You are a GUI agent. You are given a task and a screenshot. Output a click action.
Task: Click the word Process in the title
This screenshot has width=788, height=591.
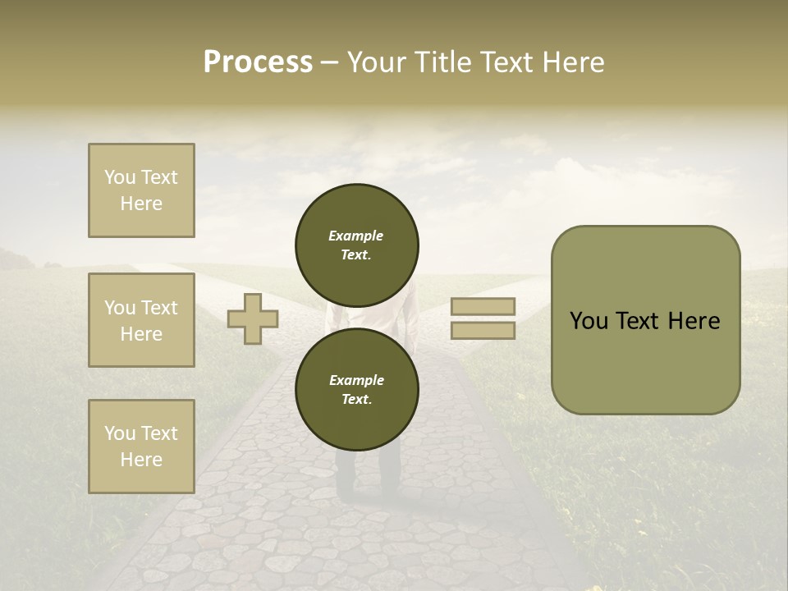pos(258,62)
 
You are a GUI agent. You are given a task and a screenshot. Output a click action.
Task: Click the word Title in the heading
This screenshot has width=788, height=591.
pos(441,62)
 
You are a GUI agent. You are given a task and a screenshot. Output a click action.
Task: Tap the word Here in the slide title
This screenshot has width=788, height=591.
pos(572,62)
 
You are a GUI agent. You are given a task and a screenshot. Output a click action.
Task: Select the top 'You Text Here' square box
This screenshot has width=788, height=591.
pos(141,190)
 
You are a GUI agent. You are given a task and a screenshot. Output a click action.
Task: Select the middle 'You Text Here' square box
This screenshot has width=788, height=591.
pos(141,320)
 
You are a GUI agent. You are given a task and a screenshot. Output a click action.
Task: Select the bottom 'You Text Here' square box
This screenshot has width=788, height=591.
pos(141,447)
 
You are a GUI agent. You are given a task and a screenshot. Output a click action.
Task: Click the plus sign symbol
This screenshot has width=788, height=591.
pos(253,318)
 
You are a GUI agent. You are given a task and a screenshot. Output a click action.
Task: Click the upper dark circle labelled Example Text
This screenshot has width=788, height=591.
pos(357,245)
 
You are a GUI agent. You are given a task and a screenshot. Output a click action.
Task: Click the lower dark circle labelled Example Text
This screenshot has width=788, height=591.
pos(357,390)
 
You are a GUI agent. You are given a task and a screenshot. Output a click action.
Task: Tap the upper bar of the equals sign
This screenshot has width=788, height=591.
pos(483,306)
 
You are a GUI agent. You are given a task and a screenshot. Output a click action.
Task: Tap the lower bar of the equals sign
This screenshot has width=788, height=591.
pos(483,331)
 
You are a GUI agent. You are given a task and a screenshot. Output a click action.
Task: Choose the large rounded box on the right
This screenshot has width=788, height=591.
pos(645,320)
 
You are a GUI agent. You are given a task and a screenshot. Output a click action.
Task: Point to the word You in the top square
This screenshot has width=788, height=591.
pos(120,177)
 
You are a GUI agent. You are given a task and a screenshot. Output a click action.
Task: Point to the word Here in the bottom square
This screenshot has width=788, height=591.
pos(141,460)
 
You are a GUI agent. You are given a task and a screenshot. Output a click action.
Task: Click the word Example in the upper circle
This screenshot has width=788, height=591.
pos(356,236)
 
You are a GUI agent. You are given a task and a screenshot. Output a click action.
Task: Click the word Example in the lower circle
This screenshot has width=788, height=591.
pos(356,380)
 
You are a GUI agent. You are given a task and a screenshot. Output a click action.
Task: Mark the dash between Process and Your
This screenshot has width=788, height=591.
pos(329,63)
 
